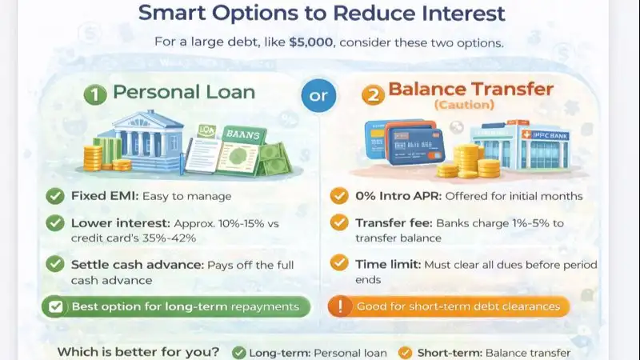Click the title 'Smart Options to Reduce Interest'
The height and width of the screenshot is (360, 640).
coord(322,14)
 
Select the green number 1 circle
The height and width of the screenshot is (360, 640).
coord(94,94)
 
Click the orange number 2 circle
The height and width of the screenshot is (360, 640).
coord(371,94)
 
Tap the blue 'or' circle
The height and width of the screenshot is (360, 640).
coord(318,96)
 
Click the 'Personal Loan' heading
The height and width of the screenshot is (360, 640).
coord(183,92)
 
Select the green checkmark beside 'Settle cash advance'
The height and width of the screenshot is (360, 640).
coord(55,264)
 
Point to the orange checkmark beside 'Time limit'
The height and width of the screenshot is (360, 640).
coord(339,264)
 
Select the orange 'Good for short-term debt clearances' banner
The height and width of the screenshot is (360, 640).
coord(449,306)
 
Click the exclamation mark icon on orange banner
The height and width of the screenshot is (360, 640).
coord(340,306)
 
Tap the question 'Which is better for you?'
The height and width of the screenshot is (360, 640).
coord(138,352)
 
